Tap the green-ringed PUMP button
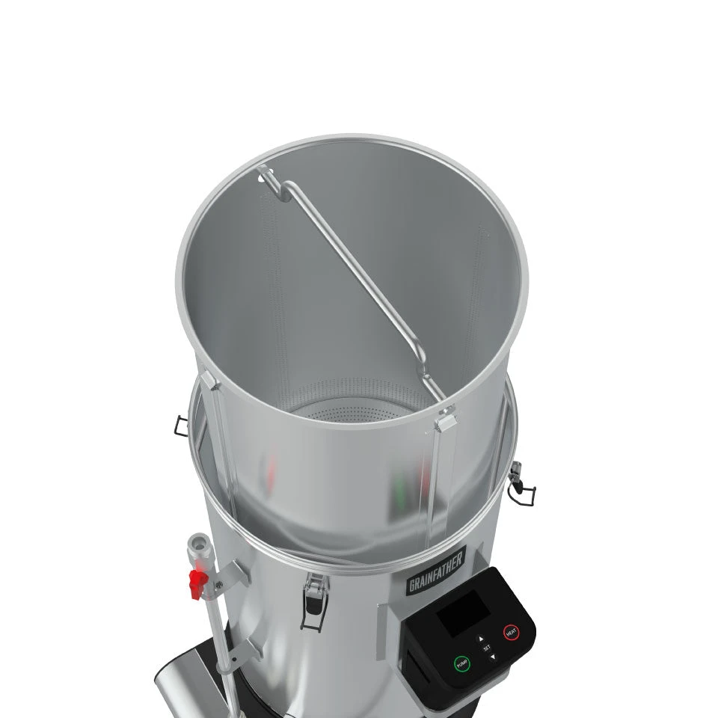tap(461, 663)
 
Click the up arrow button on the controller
tap(481, 638)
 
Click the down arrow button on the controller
tap(492, 657)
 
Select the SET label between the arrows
tap(487, 648)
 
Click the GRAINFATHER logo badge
tap(436, 569)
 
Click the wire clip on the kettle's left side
tap(180, 424)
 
